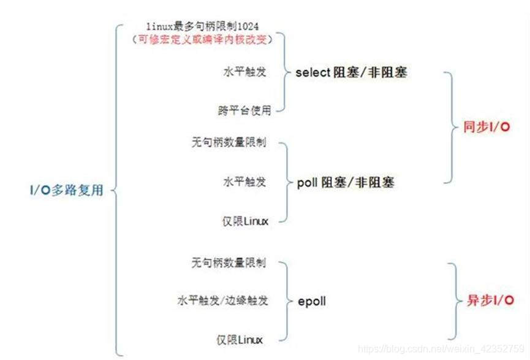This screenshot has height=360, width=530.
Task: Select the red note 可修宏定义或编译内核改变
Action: pos(202,38)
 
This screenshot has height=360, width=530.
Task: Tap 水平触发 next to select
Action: pos(244,71)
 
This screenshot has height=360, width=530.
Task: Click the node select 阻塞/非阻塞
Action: pos(351,72)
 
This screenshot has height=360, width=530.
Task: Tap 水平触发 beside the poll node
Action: pos(244,182)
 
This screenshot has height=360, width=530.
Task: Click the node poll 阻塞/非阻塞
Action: pos(346,182)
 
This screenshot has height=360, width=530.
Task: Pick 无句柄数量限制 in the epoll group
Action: pos(228,263)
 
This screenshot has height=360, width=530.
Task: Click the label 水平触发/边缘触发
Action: pos(222,301)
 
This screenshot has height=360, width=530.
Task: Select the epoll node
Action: pos(311,301)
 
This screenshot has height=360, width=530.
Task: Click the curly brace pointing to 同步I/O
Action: pos(452,127)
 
